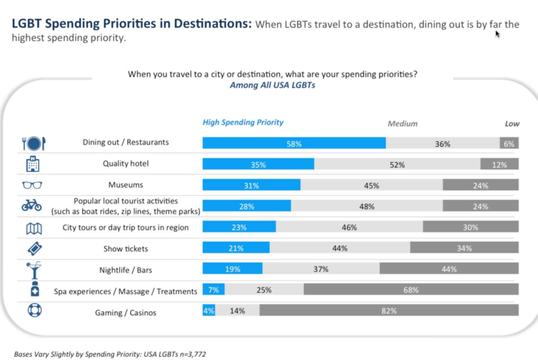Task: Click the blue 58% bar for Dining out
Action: pyautogui.click(x=294, y=143)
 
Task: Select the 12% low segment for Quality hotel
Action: pyautogui.click(x=499, y=164)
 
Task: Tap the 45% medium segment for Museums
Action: pyautogui.click(x=371, y=185)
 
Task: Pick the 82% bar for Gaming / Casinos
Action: pyautogui.click(x=389, y=311)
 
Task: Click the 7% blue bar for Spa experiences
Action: pyautogui.click(x=213, y=290)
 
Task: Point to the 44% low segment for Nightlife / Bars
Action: pyautogui.click(x=449, y=269)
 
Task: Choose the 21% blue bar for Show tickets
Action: pyautogui.click(x=236, y=248)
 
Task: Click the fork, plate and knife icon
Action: pyautogui.click(x=34, y=143)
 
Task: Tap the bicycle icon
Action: pyautogui.click(x=32, y=205)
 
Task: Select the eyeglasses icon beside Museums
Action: pyautogui.click(x=32, y=185)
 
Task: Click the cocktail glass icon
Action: pyautogui.click(x=34, y=270)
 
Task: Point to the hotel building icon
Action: pyautogui.click(x=33, y=164)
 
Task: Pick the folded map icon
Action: pyautogui.click(x=34, y=228)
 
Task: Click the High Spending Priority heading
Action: pyautogui.click(x=243, y=122)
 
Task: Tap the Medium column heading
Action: pyautogui.click(x=402, y=124)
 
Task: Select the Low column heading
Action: pyautogui.click(x=512, y=124)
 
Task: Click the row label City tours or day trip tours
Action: pyautogui.click(x=125, y=227)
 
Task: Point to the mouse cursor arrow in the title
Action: pyautogui.click(x=497, y=34)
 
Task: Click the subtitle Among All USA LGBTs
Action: pyautogui.click(x=272, y=85)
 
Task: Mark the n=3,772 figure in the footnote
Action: pyautogui.click(x=193, y=354)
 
